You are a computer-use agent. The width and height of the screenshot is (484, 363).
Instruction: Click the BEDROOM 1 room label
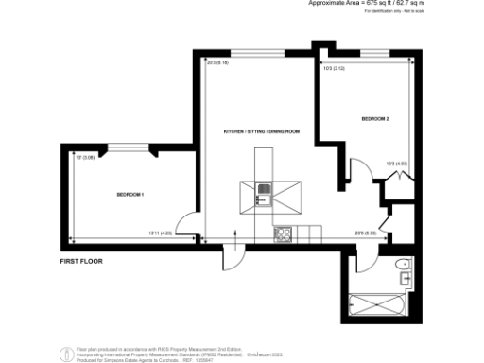coord(130,194)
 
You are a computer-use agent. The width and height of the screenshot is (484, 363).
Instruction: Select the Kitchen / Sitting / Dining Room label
coord(261,130)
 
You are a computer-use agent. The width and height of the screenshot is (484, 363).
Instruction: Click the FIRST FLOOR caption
coord(80,259)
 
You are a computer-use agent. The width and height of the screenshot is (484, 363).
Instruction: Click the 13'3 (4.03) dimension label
coord(396,164)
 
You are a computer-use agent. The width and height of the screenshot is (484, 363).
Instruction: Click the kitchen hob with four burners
coord(282,233)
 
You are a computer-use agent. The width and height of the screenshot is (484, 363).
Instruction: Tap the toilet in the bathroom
coord(404,264)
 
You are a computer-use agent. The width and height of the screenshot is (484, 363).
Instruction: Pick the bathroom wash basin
coord(406,279)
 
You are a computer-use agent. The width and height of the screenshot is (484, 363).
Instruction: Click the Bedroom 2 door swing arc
coord(359,171)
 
